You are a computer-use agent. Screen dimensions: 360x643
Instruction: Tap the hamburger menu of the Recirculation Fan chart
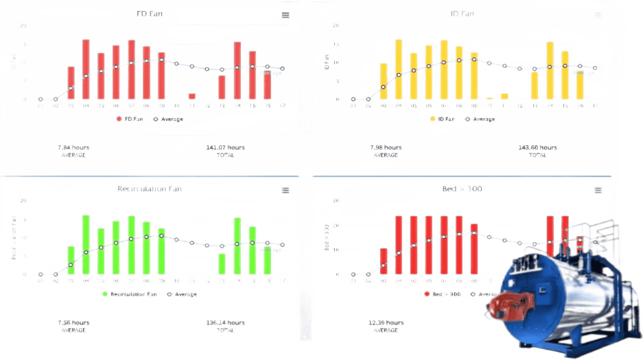[x=285, y=190]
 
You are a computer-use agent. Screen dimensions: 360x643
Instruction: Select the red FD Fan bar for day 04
[x=86, y=69]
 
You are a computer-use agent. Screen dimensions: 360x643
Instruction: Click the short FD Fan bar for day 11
[x=192, y=96]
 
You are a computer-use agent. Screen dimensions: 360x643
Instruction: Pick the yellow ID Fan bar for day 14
[x=550, y=71]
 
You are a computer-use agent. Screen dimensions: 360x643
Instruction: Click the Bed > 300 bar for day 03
[x=384, y=261]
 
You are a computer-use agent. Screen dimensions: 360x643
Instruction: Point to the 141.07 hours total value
[x=225, y=147]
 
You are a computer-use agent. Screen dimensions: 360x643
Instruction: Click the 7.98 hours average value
[x=386, y=147]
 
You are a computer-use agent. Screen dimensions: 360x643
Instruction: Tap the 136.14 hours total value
[x=225, y=322]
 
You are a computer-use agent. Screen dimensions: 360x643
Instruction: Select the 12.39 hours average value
[x=386, y=322]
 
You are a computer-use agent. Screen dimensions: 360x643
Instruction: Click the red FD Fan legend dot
[x=119, y=119]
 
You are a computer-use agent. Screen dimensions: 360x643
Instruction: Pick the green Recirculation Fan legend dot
[x=105, y=294]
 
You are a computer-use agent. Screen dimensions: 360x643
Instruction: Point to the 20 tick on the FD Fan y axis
[x=23, y=26]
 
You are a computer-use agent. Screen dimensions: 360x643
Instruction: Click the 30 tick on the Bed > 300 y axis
[x=336, y=201]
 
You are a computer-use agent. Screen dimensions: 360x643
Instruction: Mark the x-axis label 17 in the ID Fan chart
[x=595, y=106]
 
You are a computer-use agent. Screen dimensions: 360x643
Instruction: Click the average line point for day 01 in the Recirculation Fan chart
[x=40, y=274]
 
